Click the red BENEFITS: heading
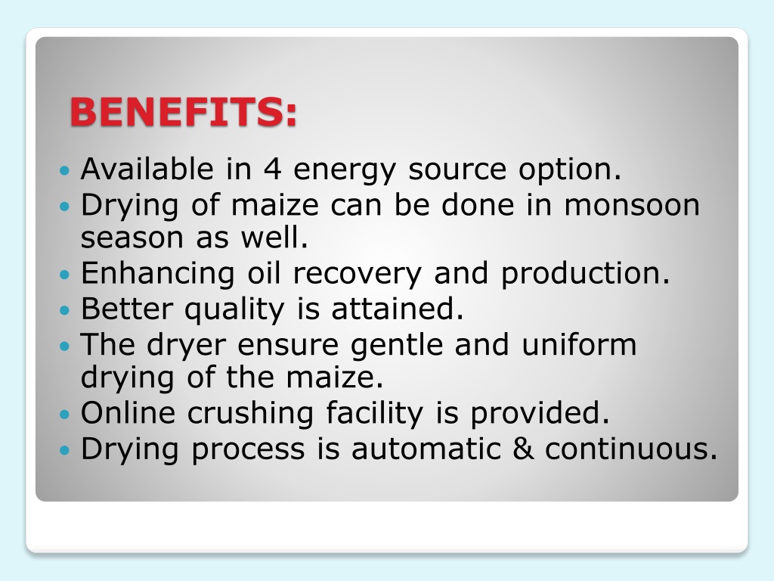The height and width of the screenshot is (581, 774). (x=184, y=112)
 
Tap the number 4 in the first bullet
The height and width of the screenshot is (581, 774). (x=272, y=169)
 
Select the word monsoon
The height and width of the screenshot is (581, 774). (x=632, y=204)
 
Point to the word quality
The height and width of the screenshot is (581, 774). (x=234, y=310)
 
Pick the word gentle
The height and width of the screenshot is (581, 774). (x=397, y=346)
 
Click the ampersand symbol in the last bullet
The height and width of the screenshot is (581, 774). (x=523, y=449)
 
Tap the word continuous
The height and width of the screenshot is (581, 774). (x=631, y=449)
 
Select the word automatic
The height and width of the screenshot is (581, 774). (x=426, y=449)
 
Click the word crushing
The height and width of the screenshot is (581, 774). (x=250, y=414)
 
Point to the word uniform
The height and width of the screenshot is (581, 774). (x=579, y=344)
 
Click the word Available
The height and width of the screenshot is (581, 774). (x=147, y=169)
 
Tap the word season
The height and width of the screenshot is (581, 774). (x=132, y=238)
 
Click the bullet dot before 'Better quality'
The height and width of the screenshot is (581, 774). (x=65, y=311)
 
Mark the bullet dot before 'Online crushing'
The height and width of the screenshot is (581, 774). (x=65, y=414)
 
